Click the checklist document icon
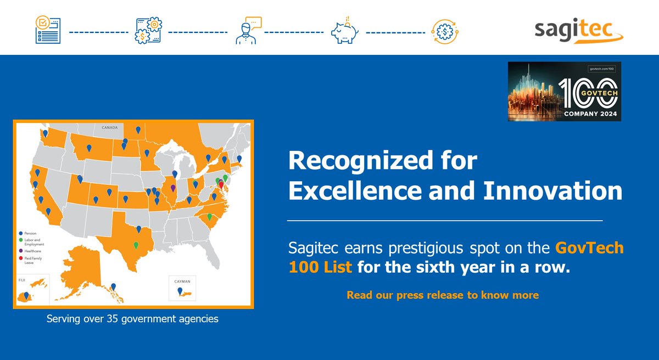pyautogui.click(x=47, y=31)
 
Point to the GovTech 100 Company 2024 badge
pyautogui.click(x=565, y=92)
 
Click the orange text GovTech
pyautogui.click(x=589, y=248)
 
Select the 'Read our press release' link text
pyautogui.click(x=442, y=295)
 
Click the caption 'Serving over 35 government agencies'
pyautogui.click(x=132, y=319)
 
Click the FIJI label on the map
pyautogui.click(x=22, y=279)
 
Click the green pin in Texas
pyautogui.click(x=136, y=245)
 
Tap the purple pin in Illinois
pyautogui.click(x=174, y=188)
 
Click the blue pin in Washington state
pyautogui.click(x=46, y=133)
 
